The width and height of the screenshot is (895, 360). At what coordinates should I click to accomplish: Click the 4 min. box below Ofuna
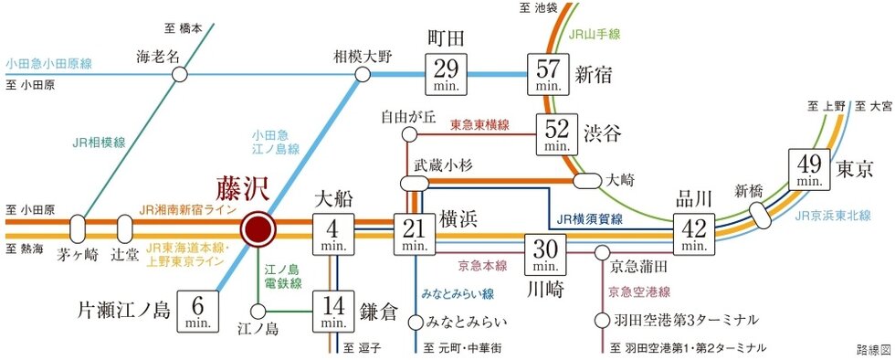tap(332, 235)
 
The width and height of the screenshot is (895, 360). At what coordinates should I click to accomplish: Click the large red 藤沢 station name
tap(244, 188)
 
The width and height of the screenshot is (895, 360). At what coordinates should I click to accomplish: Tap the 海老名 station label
tap(158, 56)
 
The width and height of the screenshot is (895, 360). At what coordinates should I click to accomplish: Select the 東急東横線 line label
tap(479, 124)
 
